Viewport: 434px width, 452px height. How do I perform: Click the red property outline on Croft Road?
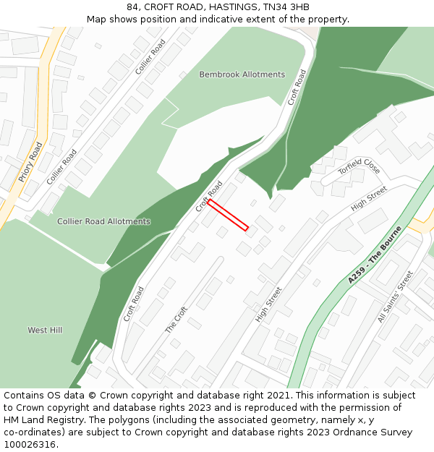pyautogui.click(x=229, y=216)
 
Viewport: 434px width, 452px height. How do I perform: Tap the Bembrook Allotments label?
pyautogui.click(x=242, y=74)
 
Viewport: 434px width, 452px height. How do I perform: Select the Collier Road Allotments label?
pyautogui.click(x=103, y=221)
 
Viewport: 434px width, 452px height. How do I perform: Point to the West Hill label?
pyautogui.click(x=45, y=330)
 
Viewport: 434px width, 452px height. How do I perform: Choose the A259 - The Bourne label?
pyautogui.click(x=374, y=255)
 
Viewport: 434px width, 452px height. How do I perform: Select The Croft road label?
pyautogui.click(x=176, y=319)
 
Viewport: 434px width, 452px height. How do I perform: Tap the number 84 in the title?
pyautogui.click(x=132, y=7)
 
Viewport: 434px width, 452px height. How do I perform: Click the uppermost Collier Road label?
pyautogui.click(x=150, y=56)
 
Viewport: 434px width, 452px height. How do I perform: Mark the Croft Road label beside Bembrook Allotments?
pyautogui.click(x=297, y=87)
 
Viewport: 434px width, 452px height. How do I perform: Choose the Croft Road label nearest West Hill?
pyautogui.click(x=133, y=304)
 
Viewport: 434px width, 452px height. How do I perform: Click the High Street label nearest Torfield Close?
pyautogui.click(x=369, y=202)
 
